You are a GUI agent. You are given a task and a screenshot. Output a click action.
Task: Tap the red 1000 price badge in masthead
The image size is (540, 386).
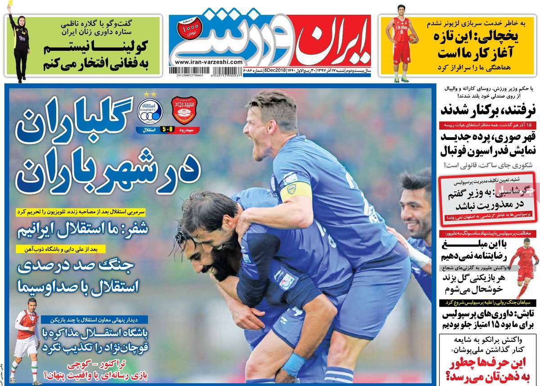(x=186, y=28)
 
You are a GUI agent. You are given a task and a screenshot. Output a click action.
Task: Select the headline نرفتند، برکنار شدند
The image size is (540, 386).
(x=486, y=109)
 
